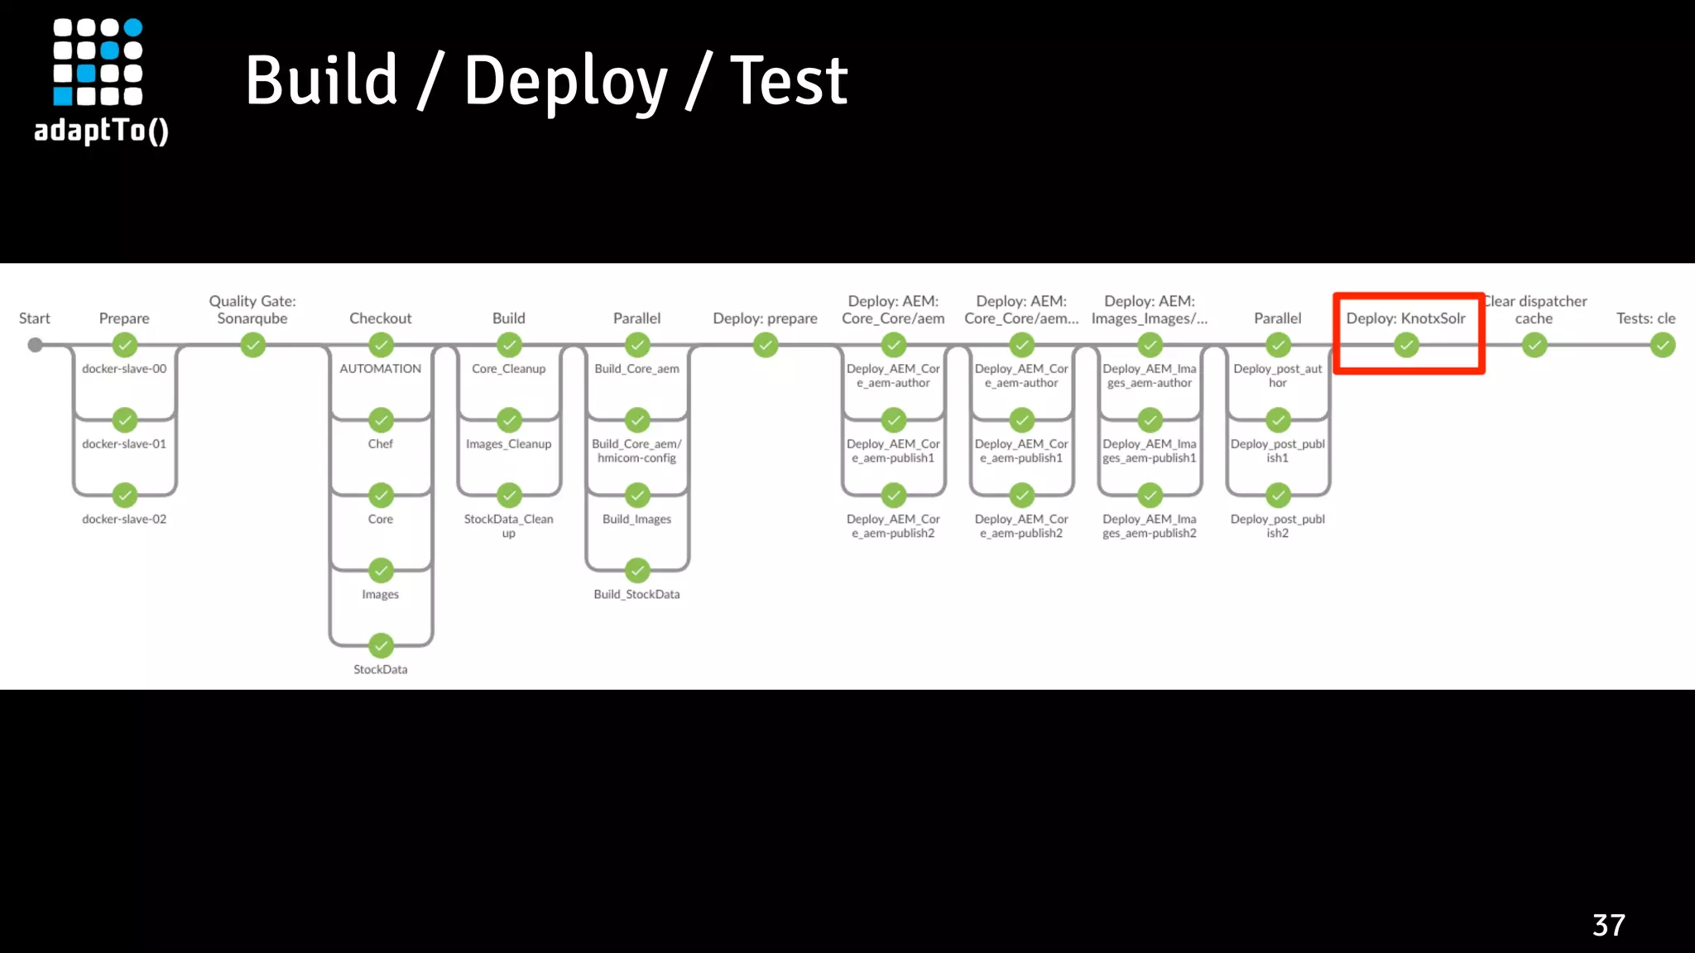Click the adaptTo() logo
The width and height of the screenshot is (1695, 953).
(x=100, y=81)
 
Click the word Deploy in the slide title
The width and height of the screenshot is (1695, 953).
(x=565, y=82)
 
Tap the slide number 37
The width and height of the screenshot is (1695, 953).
(x=1608, y=925)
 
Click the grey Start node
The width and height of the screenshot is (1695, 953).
(x=35, y=345)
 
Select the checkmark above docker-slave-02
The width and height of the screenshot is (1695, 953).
(x=125, y=496)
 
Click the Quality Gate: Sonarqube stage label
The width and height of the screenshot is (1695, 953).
(x=252, y=309)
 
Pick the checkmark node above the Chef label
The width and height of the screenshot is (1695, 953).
(x=381, y=420)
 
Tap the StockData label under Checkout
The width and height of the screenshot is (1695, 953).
(x=381, y=669)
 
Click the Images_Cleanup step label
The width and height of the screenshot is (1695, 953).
(x=508, y=444)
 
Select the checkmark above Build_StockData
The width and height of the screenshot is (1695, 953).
(x=637, y=571)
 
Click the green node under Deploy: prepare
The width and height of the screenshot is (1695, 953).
(x=766, y=345)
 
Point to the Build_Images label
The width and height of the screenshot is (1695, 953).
(x=636, y=520)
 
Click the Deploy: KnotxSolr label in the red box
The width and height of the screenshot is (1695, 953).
(x=1405, y=318)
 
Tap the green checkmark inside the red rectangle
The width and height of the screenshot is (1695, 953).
(x=1406, y=345)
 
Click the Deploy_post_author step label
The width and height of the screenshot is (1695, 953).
(x=1277, y=376)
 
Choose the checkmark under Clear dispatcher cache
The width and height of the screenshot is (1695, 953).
(x=1534, y=345)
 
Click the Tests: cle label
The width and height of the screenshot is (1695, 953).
(x=1645, y=318)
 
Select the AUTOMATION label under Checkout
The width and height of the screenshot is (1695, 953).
(x=381, y=369)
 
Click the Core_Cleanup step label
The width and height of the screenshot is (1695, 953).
(x=508, y=369)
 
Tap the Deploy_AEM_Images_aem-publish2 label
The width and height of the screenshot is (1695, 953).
(x=1150, y=526)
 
